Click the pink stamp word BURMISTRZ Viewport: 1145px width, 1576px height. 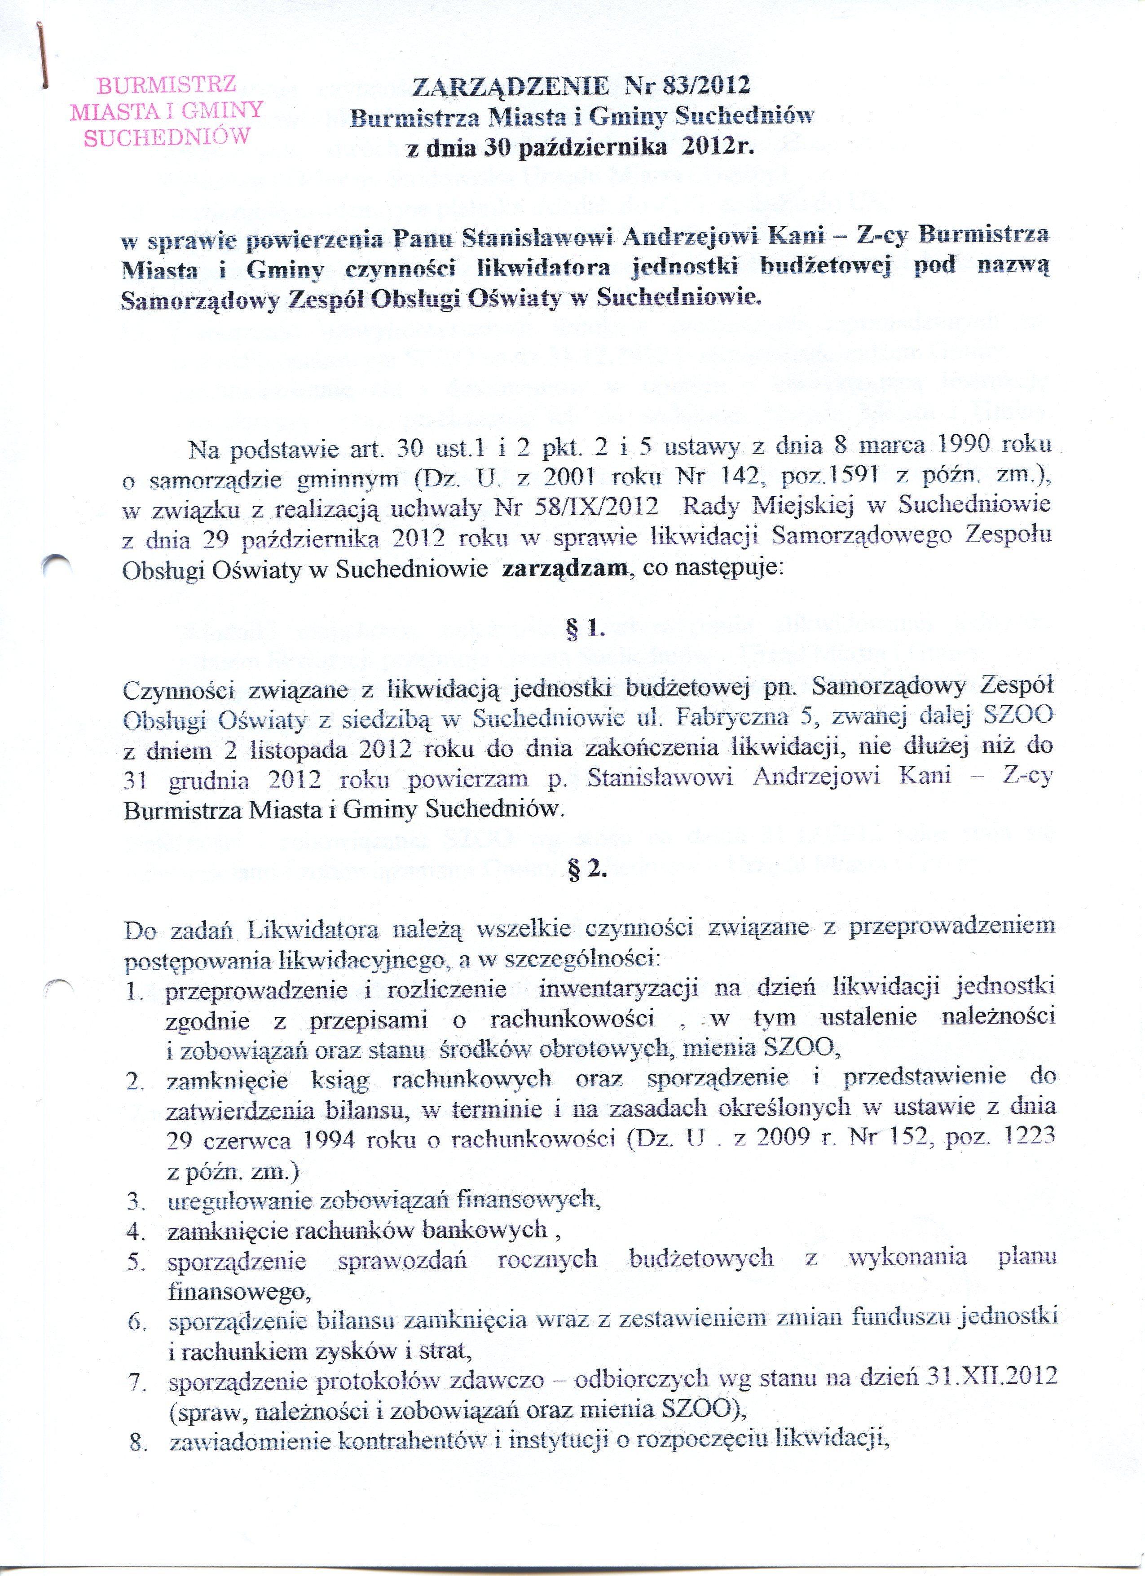click(166, 85)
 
